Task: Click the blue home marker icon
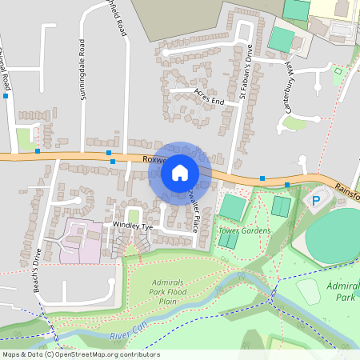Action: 180,172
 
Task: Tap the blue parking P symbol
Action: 315,200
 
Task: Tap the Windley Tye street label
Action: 132,226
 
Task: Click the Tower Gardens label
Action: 244,230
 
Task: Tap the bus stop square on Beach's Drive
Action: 37,150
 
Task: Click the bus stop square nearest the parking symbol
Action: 287,185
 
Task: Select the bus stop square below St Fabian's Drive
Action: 262,178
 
